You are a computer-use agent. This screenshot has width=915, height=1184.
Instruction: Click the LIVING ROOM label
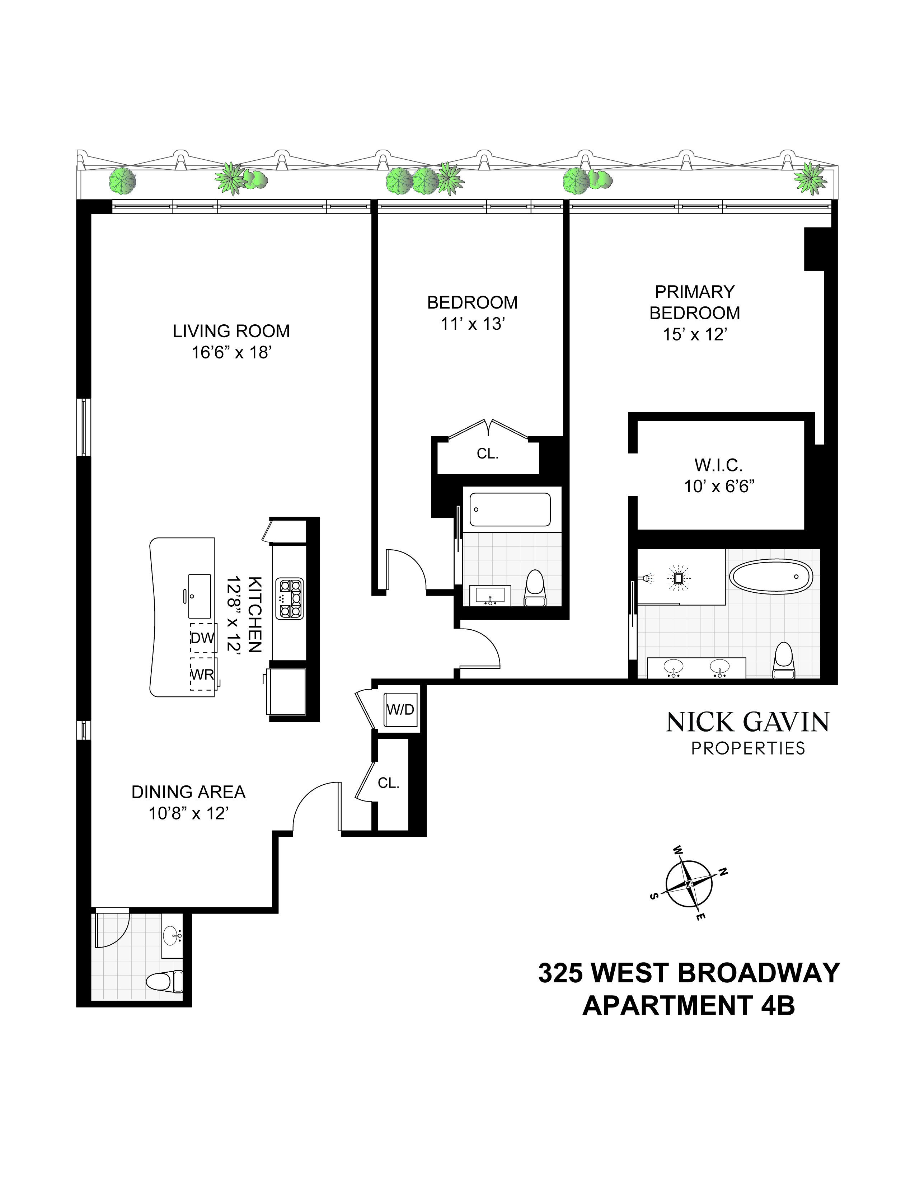point(231,331)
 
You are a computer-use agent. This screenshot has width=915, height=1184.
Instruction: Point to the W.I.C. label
point(719,465)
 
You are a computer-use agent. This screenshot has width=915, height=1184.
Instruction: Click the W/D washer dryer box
point(400,710)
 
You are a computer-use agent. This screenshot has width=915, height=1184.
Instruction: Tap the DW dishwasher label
point(203,638)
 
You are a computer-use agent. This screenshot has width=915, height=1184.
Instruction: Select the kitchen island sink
point(200,596)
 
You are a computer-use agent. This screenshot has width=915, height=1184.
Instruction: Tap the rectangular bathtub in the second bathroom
point(510,509)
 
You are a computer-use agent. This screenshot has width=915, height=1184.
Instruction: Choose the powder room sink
point(173,935)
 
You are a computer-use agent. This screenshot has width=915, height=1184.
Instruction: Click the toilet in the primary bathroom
point(784,661)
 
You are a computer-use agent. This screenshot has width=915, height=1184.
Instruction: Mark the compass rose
point(689,884)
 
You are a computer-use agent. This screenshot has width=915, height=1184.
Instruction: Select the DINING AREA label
point(189,793)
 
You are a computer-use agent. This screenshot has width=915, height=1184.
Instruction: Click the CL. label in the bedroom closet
point(487,454)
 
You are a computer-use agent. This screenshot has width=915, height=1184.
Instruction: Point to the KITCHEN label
point(254,615)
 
